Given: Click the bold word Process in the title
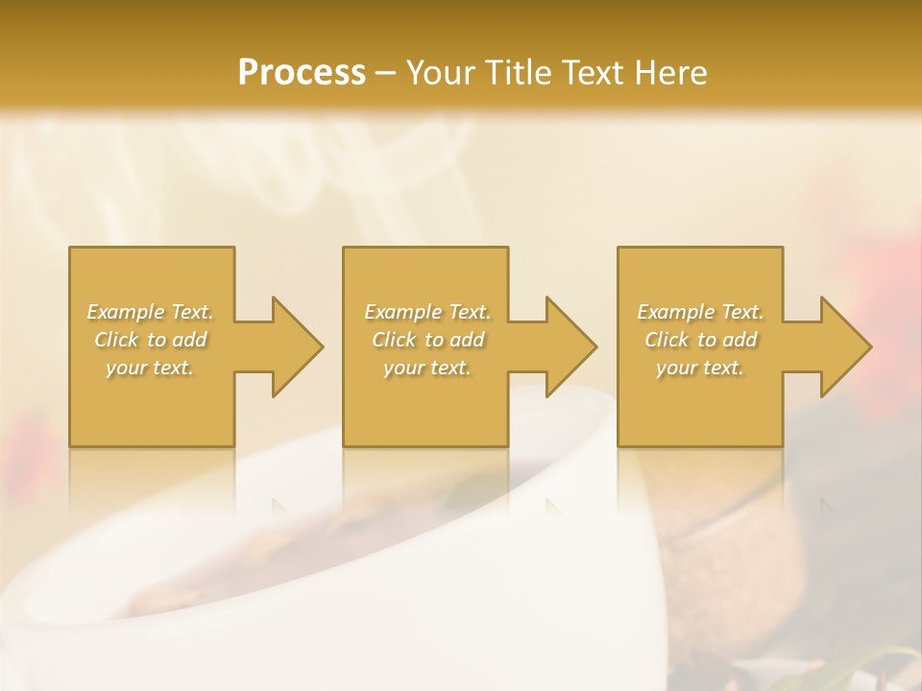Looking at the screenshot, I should click(x=302, y=73).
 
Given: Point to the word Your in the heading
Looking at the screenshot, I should click(x=440, y=73).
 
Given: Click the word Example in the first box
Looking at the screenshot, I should click(x=126, y=312).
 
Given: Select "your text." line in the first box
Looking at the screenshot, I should click(x=150, y=368).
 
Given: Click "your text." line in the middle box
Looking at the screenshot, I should click(x=426, y=368).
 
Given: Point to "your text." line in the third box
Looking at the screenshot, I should click(x=700, y=368).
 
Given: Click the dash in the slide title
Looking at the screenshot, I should click(x=386, y=74).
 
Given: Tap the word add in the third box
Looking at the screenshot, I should click(x=740, y=340).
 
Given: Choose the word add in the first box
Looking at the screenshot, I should click(x=189, y=340).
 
